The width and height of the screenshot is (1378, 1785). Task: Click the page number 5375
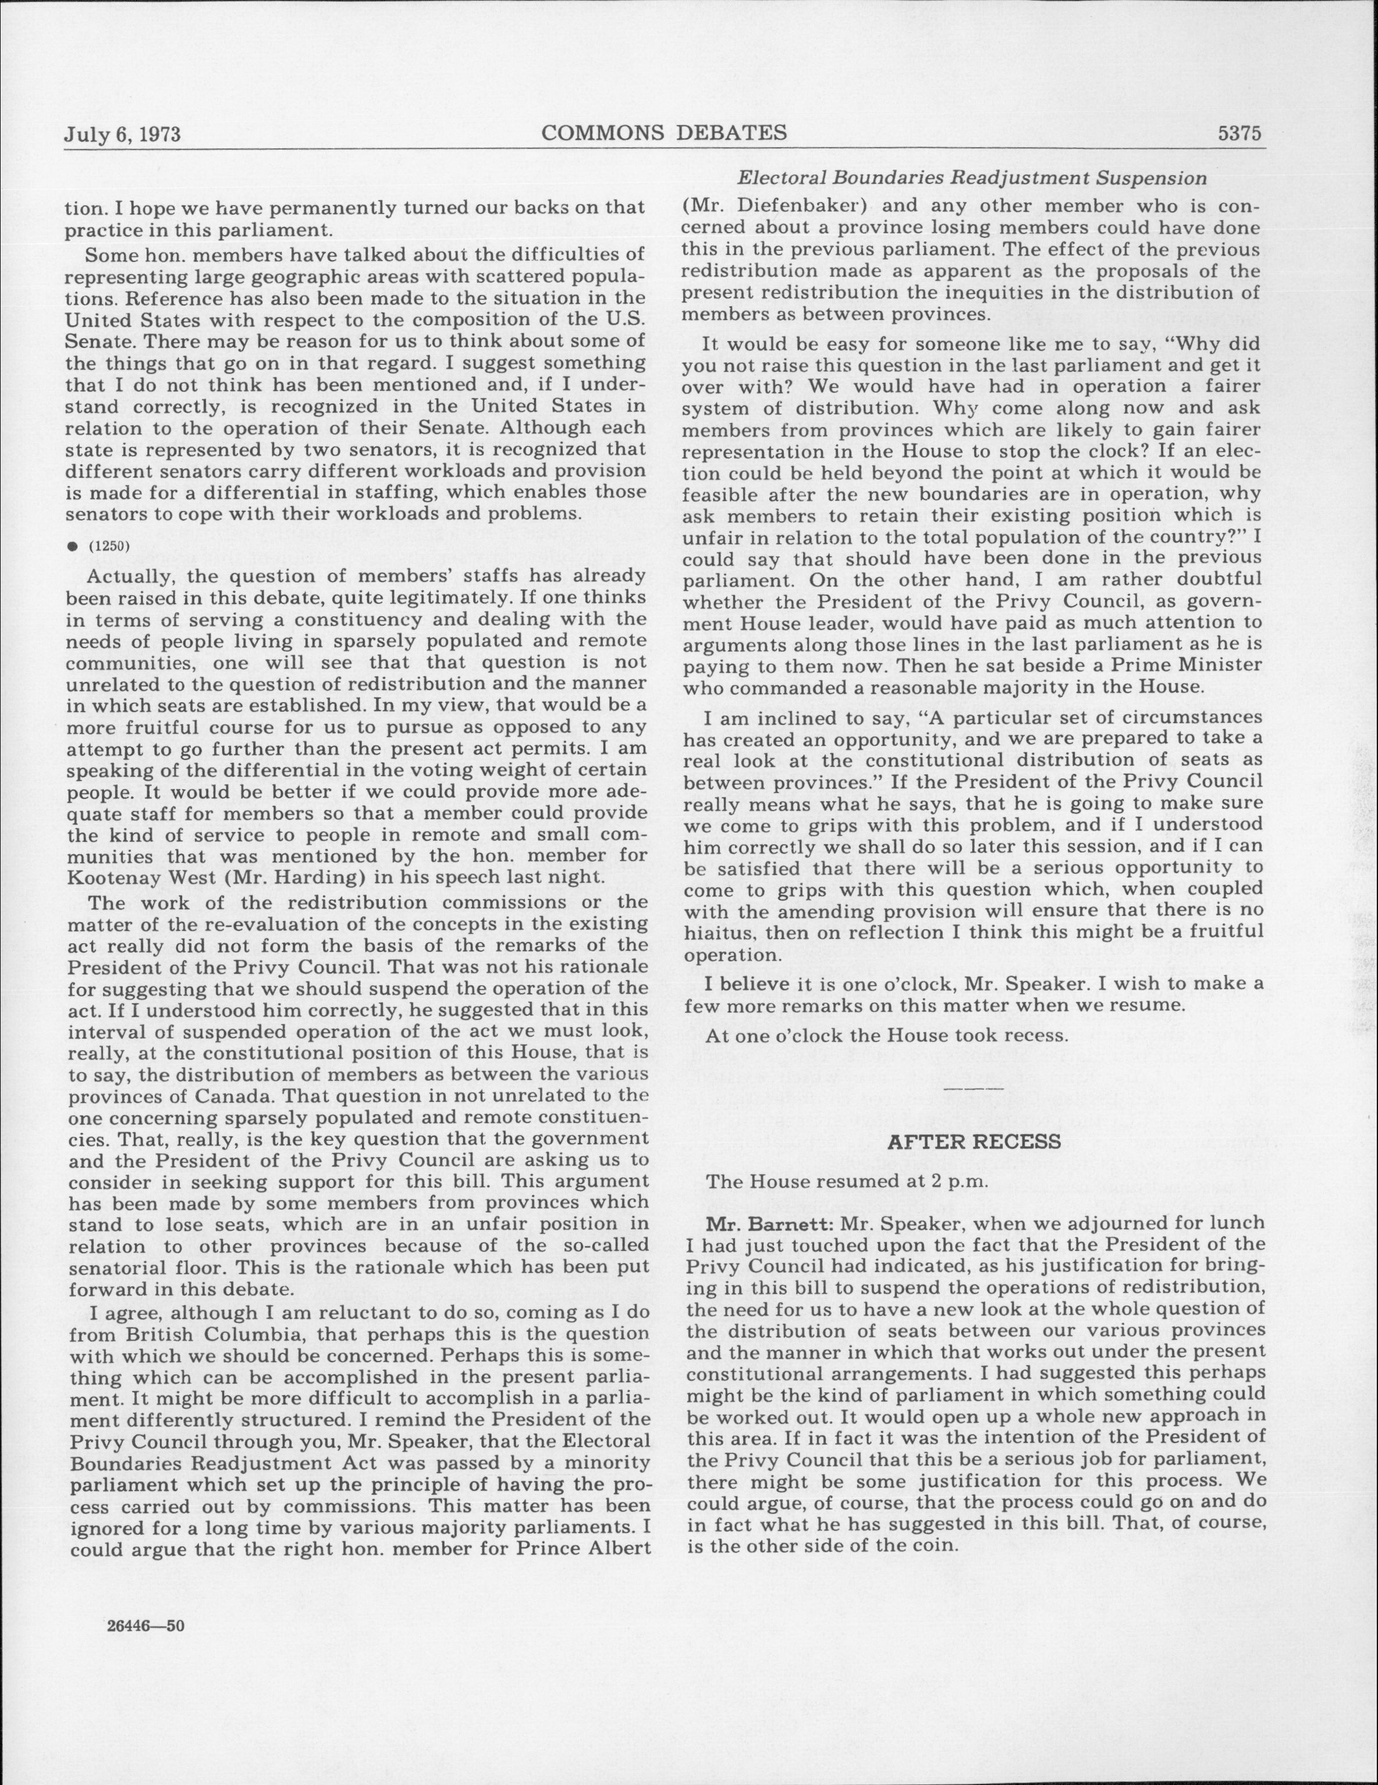pyautogui.click(x=1241, y=133)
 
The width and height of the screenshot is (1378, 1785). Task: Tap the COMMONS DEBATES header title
pyautogui.click(x=665, y=133)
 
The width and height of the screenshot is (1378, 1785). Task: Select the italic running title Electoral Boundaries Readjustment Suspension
pyautogui.click(x=972, y=178)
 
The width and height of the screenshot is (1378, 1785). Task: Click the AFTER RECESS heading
pyautogui.click(x=974, y=1141)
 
